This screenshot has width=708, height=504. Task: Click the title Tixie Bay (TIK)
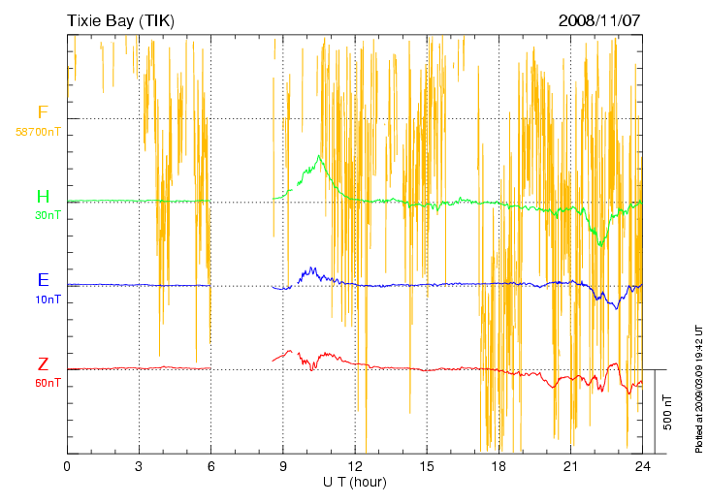(121, 19)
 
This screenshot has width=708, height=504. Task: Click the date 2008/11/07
(599, 19)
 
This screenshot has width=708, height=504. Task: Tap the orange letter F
(43, 112)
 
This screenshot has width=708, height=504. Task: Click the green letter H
(43, 197)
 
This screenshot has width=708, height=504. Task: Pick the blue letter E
(43, 280)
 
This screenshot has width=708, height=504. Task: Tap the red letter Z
(43, 364)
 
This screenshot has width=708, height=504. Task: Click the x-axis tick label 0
(67, 466)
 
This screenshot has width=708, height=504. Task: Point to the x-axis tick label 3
(139, 466)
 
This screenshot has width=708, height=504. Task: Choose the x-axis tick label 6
(210, 466)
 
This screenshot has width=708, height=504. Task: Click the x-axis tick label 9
(283, 466)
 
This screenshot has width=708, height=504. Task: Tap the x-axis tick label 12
(355, 466)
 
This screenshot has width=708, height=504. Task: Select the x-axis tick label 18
(499, 466)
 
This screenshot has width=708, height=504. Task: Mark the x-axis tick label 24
(642, 466)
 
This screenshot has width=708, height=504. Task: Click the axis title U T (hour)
(355, 482)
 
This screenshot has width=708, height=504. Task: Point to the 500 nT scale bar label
(666, 412)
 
